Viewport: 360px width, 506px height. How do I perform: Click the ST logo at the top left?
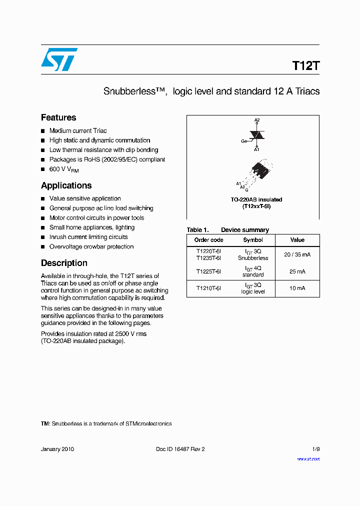tap(59, 59)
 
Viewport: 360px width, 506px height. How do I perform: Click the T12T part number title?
tap(305, 66)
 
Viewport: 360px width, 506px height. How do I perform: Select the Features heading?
tap(58, 117)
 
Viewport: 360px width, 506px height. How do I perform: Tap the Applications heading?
tap(66, 185)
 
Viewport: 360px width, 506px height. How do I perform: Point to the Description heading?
tap(64, 263)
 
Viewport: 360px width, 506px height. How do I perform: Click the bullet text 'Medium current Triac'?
tap(78, 130)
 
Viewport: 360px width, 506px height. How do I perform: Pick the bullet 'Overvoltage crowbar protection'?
tap(91, 246)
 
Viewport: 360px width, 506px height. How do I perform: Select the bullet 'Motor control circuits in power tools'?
tap(96, 218)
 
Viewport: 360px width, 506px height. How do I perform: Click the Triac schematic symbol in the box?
tap(256, 135)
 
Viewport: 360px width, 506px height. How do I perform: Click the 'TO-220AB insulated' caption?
tap(256, 199)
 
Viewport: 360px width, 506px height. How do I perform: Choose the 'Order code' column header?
tap(208, 240)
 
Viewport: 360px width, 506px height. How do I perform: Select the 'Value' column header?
tap(297, 240)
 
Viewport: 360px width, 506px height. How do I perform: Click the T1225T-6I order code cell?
tap(208, 271)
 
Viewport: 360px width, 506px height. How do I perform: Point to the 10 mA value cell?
tap(297, 288)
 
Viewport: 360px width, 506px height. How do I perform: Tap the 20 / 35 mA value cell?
tap(297, 254)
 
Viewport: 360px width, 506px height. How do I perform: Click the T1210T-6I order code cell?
tap(208, 288)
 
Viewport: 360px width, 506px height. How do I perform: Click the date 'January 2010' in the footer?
tap(57, 449)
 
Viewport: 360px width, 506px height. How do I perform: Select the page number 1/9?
tap(315, 449)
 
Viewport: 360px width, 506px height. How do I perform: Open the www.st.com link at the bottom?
tap(308, 458)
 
